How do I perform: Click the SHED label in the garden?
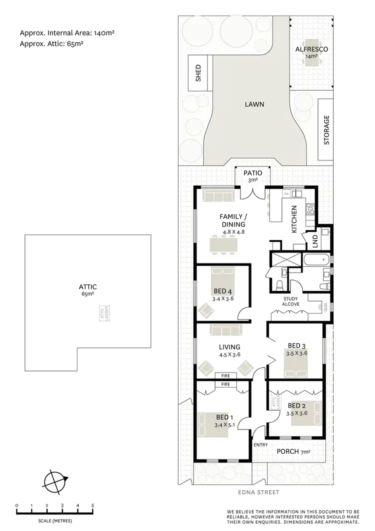point(198,73)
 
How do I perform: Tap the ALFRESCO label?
point(311,49)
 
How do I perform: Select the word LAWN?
point(254,105)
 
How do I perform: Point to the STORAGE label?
point(326,130)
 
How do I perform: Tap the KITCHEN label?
point(294,219)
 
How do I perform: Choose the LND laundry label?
point(315,242)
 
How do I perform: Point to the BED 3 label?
point(296,345)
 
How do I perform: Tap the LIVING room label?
point(229,347)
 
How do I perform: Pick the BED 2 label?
point(296,405)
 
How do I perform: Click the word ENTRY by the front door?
point(260,445)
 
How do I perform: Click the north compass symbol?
point(54,482)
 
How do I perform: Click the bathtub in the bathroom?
point(315,259)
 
